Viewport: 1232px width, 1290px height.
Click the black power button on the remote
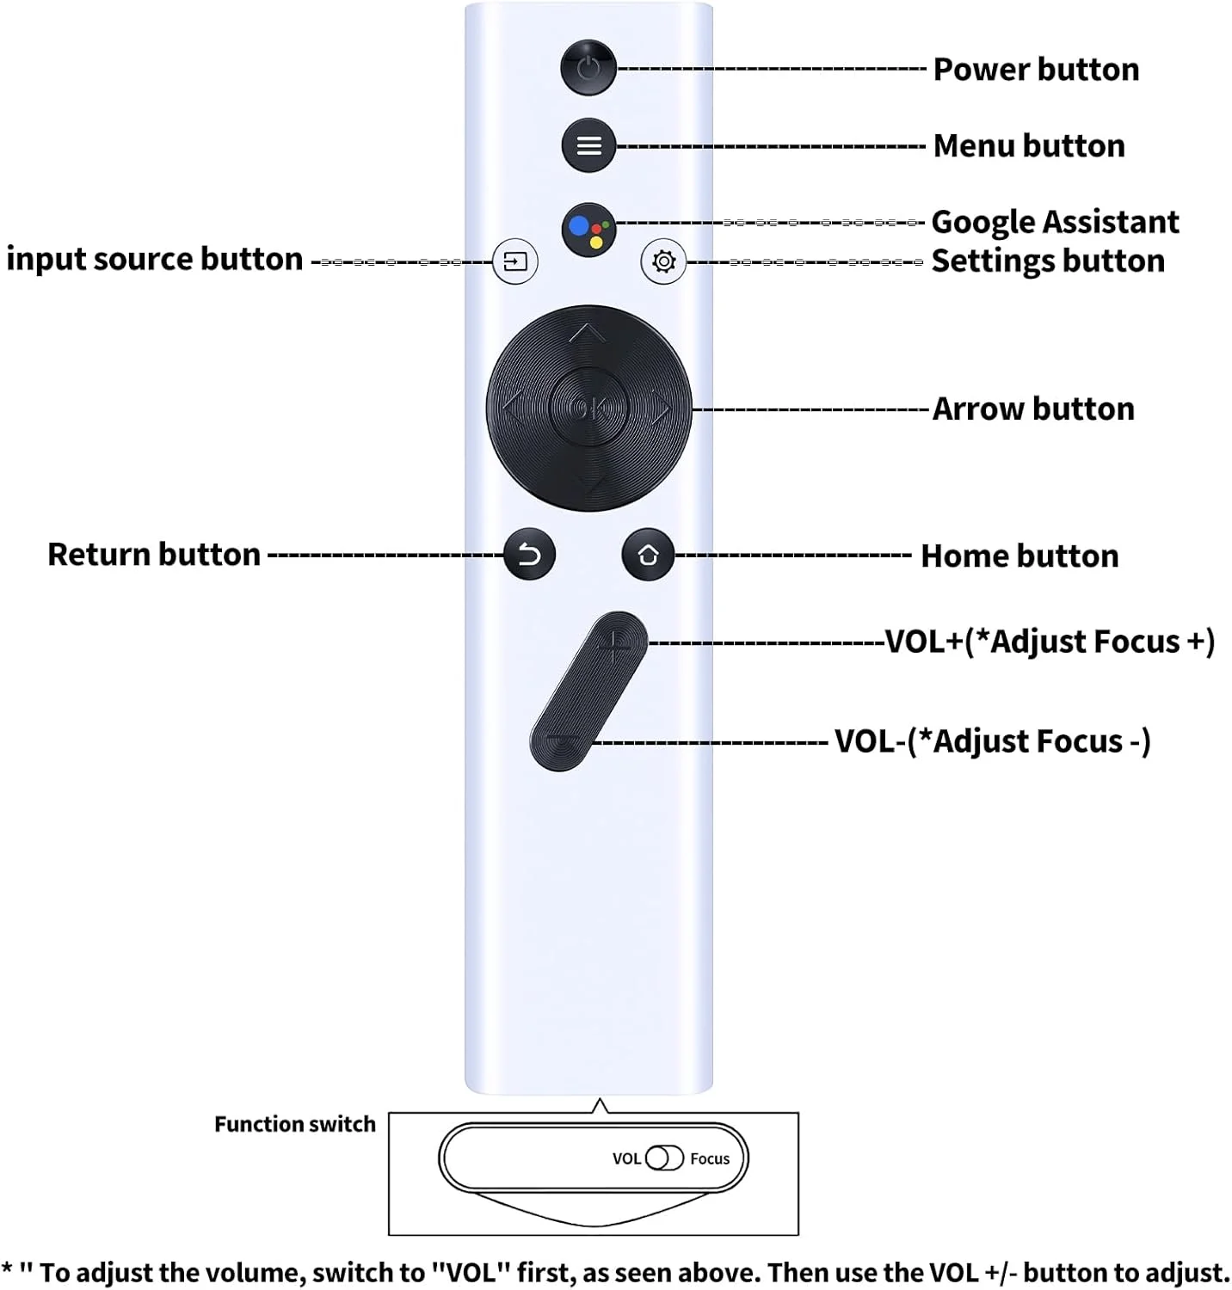pyautogui.click(x=588, y=67)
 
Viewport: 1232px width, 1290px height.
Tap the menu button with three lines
pyautogui.click(x=588, y=145)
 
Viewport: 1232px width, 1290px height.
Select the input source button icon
pyautogui.click(x=515, y=261)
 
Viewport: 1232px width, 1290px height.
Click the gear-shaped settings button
pyautogui.click(x=663, y=261)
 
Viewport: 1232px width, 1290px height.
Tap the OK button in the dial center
pyautogui.click(x=588, y=408)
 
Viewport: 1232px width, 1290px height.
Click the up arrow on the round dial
pyautogui.click(x=588, y=333)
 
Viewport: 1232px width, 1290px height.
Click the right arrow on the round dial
pyautogui.click(x=661, y=408)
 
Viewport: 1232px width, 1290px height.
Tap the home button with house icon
pyautogui.click(x=648, y=555)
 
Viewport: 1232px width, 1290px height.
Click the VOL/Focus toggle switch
pyautogui.click(x=664, y=1158)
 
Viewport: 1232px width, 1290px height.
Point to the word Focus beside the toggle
pyautogui.click(x=710, y=1158)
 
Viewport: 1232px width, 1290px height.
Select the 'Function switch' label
pyautogui.click(x=295, y=1124)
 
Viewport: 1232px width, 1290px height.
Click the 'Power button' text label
pyautogui.click(x=1036, y=69)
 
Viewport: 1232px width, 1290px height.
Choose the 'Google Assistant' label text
pyautogui.click(x=1055, y=222)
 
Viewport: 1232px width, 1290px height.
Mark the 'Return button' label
pyautogui.click(x=154, y=555)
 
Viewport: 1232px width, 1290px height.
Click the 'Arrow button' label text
pyautogui.click(x=1033, y=408)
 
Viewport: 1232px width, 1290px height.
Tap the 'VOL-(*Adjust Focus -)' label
pyautogui.click(x=993, y=740)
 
